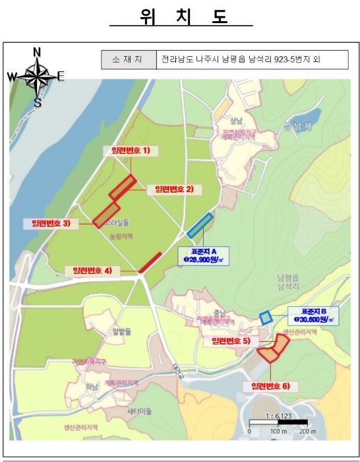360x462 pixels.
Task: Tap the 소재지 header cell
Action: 129,60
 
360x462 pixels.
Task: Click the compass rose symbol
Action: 37,77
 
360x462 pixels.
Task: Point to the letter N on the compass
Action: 37,52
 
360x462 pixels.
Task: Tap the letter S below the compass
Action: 38,102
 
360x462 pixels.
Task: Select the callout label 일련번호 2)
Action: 174,189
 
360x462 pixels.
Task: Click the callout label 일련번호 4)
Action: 93,270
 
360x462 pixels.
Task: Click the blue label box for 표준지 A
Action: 205,255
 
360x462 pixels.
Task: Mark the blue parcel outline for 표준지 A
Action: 200,226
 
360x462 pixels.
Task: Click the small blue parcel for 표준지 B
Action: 266,317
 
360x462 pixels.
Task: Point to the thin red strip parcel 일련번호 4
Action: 150,263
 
